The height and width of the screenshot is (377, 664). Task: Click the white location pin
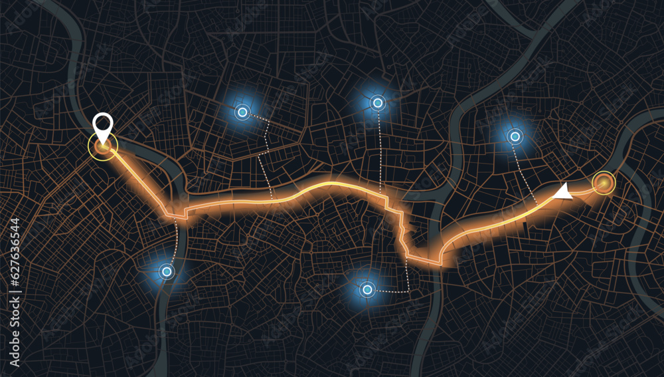pyautogui.click(x=102, y=125)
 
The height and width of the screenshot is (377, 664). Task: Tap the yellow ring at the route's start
pyautogui.click(x=103, y=146)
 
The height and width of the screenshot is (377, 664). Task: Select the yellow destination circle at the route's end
pyautogui.click(x=604, y=183)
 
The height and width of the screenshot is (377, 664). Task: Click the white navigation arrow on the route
pyautogui.click(x=564, y=192)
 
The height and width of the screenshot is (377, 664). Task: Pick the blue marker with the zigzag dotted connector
pyautogui.click(x=242, y=112)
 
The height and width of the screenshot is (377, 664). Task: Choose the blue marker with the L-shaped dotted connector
pyautogui.click(x=367, y=289)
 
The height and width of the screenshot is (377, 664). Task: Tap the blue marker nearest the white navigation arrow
pyautogui.click(x=515, y=137)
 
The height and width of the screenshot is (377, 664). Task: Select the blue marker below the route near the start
pyautogui.click(x=167, y=271)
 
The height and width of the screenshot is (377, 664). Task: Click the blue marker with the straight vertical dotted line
pyautogui.click(x=378, y=102)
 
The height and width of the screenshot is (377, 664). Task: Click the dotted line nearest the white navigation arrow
pyautogui.click(x=525, y=170)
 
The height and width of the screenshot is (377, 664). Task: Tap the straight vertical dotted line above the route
pyautogui.click(x=379, y=150)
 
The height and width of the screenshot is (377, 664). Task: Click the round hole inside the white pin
pyautogui.click(x=102, y=122)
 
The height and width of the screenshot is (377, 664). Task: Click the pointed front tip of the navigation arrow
pyautogui.click(x=554, y=196)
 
